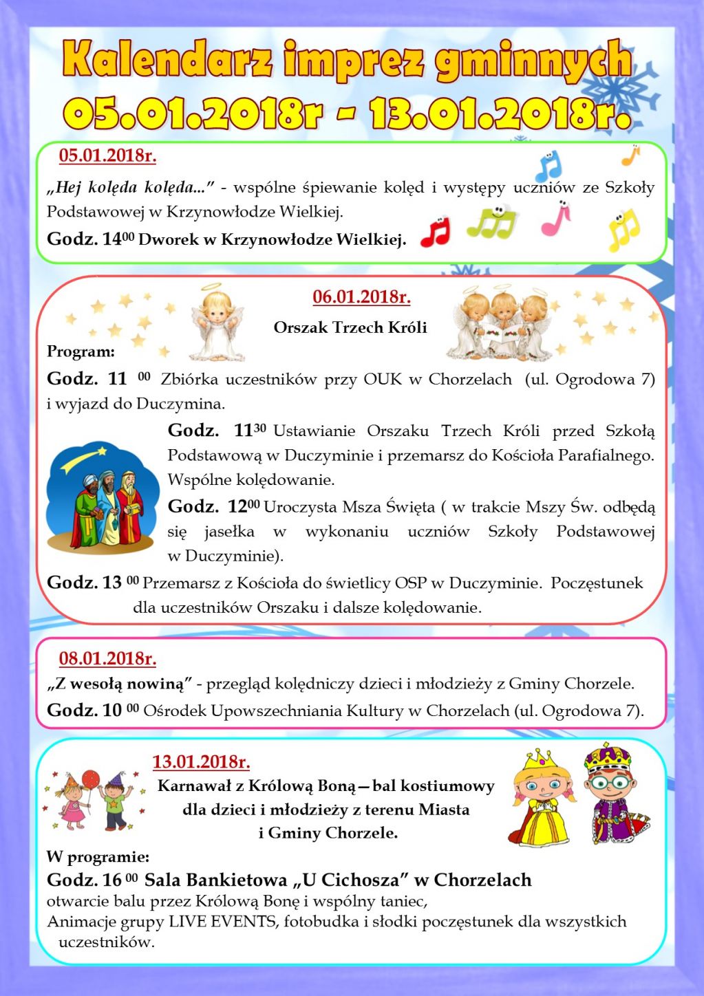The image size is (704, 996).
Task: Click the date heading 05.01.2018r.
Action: click(x=107, y=156)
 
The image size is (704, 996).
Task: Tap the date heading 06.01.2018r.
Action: click(x=361, y=297)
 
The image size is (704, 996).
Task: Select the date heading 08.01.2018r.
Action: click(x=107, y=659)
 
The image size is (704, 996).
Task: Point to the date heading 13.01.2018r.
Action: click(x=201, y=762)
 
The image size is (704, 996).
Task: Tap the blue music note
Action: click(x=548, y=166)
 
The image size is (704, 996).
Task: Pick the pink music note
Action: click(x=556, y=219)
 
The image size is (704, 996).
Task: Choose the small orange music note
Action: click(x=630, y=155)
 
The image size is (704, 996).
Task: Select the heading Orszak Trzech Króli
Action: click(x=350, y=327)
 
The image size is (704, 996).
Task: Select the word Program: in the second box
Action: click(x=81, y=352)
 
